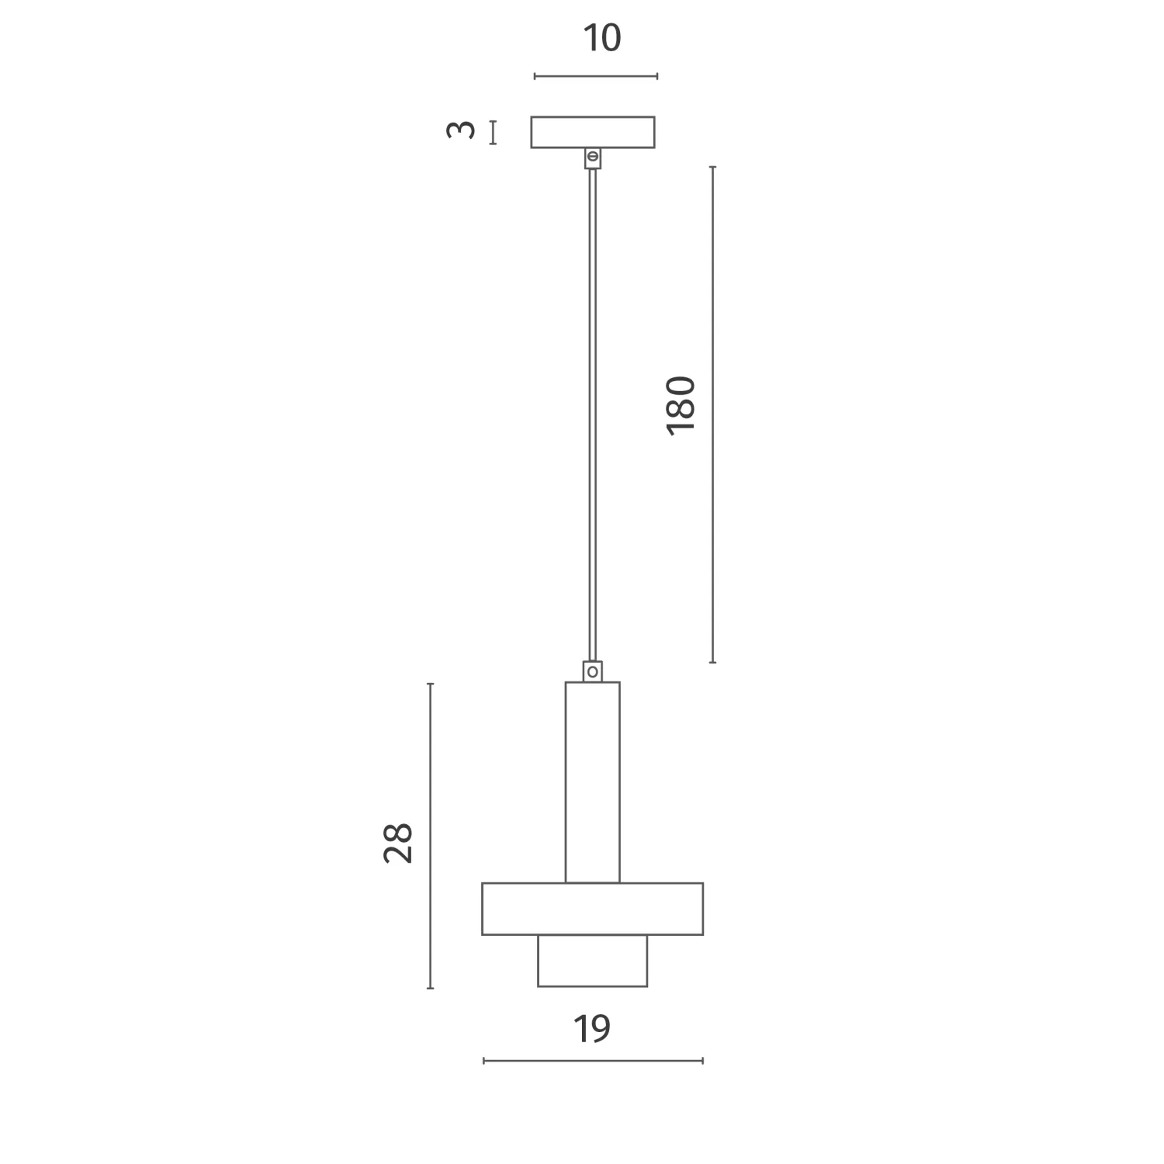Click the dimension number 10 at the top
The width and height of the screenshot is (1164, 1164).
602,38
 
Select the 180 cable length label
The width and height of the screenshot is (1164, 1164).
681,404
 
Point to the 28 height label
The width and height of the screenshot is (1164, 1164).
398,843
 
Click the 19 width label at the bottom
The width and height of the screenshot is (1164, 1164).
592,1029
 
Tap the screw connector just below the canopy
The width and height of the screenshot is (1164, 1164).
593,158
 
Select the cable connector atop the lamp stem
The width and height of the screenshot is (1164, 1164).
593,671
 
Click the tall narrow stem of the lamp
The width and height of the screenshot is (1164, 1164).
593,782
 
